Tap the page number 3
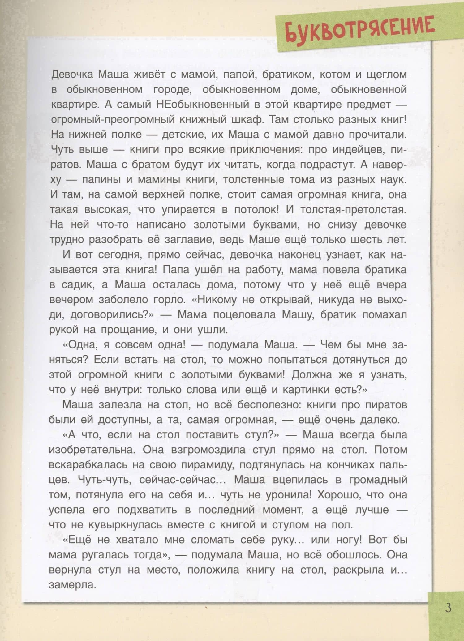(448, 608)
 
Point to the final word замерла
(73, 585)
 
